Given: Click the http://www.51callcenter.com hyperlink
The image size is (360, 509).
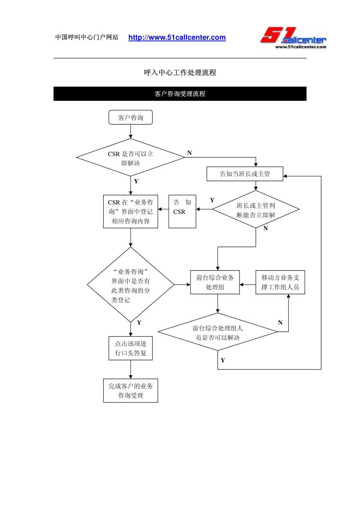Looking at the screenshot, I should [177, 38].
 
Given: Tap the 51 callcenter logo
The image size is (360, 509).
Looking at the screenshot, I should [293, 38].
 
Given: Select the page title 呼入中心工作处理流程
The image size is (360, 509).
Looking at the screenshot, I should [180, 72].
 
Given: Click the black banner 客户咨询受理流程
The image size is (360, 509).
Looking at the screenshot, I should [180, 94].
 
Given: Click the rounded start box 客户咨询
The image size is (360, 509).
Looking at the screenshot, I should [130, 117].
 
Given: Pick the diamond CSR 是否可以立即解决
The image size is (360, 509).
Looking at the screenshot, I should [130, 158].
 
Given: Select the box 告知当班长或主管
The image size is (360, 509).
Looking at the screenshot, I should [245, 174].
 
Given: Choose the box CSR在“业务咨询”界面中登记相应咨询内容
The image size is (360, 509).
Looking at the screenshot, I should [130, 211].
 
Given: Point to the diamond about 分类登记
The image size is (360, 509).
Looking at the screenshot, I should [130, 284].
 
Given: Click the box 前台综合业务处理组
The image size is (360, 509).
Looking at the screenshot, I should [215, 282].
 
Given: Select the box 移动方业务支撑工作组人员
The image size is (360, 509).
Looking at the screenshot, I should [280, 282].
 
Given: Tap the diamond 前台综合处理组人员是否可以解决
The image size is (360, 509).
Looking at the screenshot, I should [218, 332].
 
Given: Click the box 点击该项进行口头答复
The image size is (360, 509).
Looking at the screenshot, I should [130, 348].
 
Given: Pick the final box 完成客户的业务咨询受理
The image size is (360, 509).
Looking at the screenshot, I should [130, 391].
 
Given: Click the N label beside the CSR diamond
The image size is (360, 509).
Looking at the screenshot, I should [189, 153].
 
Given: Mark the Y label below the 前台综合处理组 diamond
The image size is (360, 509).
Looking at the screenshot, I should [223, 360].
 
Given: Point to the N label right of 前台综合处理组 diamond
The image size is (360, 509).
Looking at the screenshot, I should [280, 323].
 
